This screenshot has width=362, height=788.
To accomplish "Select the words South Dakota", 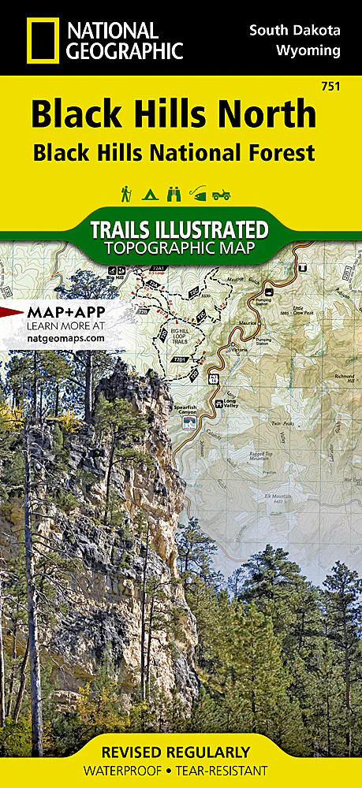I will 295,30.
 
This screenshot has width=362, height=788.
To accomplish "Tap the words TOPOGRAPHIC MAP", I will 181,248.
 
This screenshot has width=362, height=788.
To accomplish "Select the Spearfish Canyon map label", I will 188,413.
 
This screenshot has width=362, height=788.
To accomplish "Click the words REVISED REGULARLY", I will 181,751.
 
